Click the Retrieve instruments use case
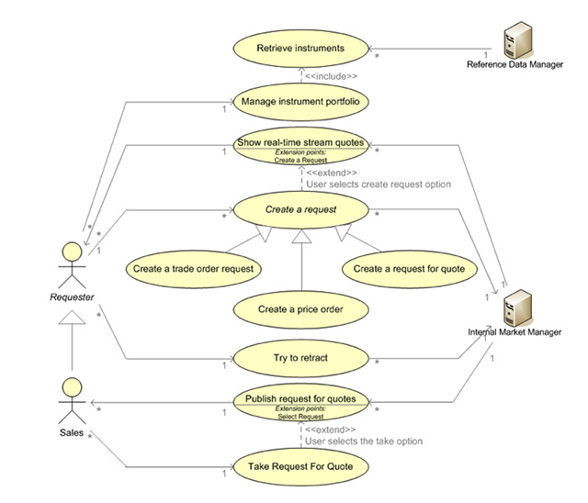[x=300, y=49]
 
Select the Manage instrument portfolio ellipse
[x=300, y=102]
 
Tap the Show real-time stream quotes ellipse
[x=300, y=146]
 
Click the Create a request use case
[x=300, y=210]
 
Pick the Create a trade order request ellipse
[x=194, y=269]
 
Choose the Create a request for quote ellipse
[x=410, y=269]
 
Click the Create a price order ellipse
[x=300, y=309]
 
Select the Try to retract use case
[x=300, y=358]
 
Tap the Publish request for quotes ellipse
[x=300, y=403]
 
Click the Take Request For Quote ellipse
[x=300, y=467]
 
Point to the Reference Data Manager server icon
[x=517, y=40]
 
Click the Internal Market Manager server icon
[x=517, y=307]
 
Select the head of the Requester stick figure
[x=72, y=251]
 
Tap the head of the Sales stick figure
[x=72, y=387]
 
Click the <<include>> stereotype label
[x=331, y=76]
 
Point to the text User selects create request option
[x=379, y=184]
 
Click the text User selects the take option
[x=364, y=442]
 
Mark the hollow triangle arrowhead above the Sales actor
[x=72, y=318]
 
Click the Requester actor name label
[x=72, y=297]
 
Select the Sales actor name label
[x=72, y=433]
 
